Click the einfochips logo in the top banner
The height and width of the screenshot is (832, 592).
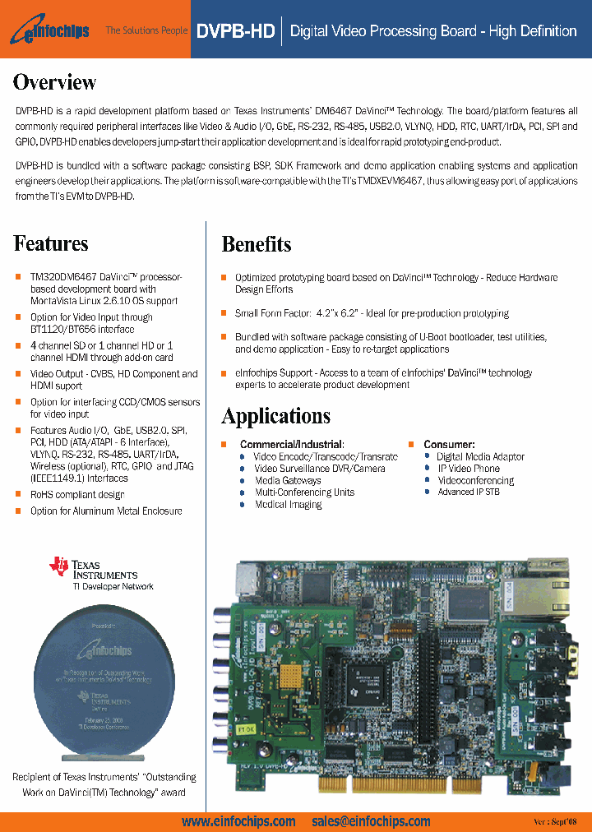51,30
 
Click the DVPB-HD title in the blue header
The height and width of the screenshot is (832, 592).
235,31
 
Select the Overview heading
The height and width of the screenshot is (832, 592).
55,82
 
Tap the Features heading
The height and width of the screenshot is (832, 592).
51,243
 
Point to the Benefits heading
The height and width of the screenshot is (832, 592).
257,244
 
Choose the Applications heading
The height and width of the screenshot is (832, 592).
276,416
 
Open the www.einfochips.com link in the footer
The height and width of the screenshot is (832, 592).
238,821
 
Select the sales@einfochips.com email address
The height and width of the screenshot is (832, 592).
371,821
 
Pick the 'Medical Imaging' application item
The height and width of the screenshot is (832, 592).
288,505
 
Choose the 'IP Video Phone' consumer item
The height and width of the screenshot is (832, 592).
468,469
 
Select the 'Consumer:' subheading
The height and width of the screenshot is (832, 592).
449,445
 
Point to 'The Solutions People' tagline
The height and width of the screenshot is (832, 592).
146,31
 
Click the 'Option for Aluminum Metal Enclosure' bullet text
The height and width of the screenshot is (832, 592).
106,511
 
